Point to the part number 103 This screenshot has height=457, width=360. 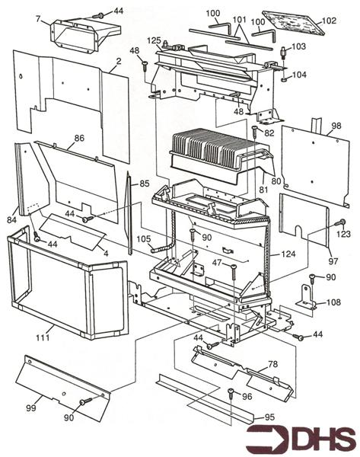pyautogui.click(x=298, y=46)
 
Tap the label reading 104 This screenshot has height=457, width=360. pyautogui.click(x=298, y=75)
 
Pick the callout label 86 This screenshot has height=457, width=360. pyautogui.click(x=78, y=139)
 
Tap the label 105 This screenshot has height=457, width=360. pyautogui.click(x=144, y=238)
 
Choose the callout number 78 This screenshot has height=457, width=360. pyautogui.click(x=272, y=364)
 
